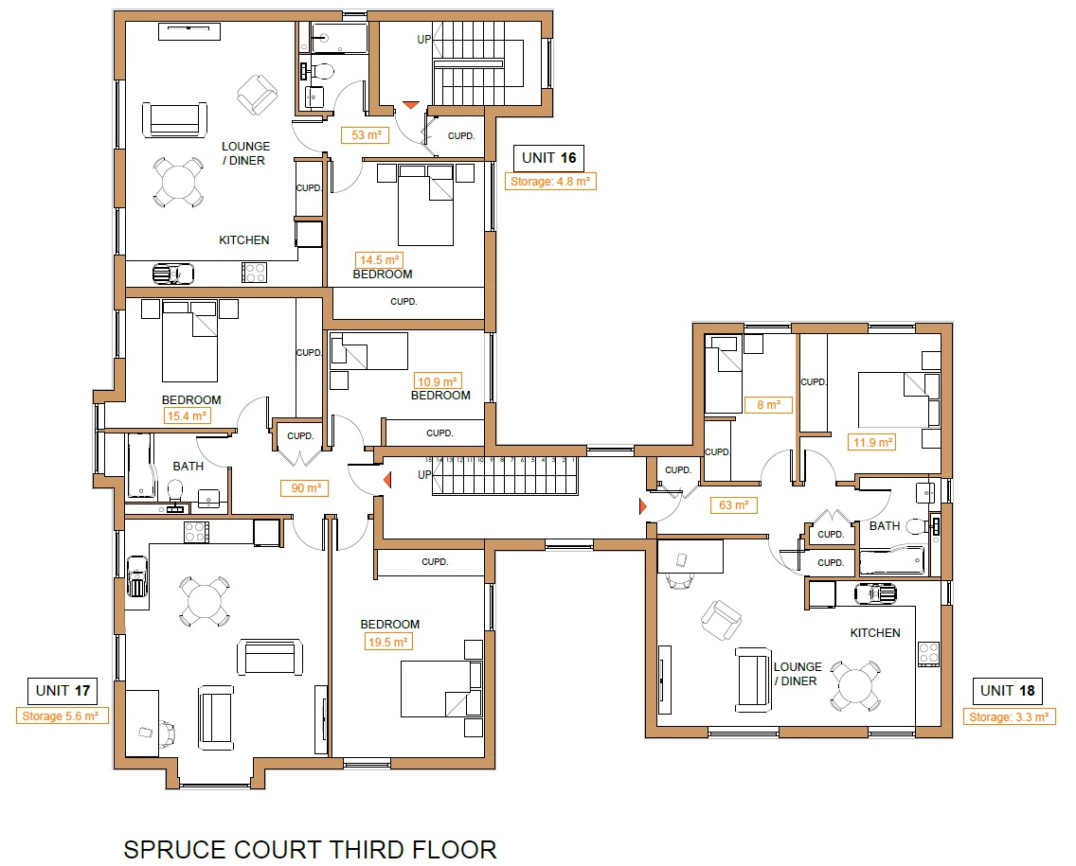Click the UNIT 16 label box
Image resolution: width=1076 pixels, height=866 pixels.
click(x=548, y=158)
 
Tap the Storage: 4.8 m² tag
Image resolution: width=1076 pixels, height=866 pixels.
click(x=550, y=182)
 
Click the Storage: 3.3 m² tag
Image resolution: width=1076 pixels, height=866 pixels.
click(x=1011, y=716)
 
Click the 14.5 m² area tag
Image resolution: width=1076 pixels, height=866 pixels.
click(x=379, y=259)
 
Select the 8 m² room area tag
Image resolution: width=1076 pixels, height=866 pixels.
click(x=767, y=404)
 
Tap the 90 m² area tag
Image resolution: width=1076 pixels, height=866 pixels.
click(x=304, y=488)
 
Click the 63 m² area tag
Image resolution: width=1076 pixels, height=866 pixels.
click(x=733, y=505)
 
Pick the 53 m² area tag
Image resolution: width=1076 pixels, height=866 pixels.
click(x=365, y=135)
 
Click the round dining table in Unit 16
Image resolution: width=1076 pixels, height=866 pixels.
click(x=178, y=182)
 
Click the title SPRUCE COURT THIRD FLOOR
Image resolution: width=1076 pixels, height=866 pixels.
click(x=310, y=848)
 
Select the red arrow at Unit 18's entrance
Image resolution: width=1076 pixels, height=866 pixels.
click(x=644, y=507)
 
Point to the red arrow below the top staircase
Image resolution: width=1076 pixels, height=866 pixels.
click(x=411, y=106)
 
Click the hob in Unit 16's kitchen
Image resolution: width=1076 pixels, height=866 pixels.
click(x=254, y=273)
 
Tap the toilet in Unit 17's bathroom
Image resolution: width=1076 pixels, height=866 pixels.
click(x=174, y=490)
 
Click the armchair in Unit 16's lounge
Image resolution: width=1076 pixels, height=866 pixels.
click(x=256, y=95)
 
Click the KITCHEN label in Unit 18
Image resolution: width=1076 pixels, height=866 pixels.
click(x=874, y=632)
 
